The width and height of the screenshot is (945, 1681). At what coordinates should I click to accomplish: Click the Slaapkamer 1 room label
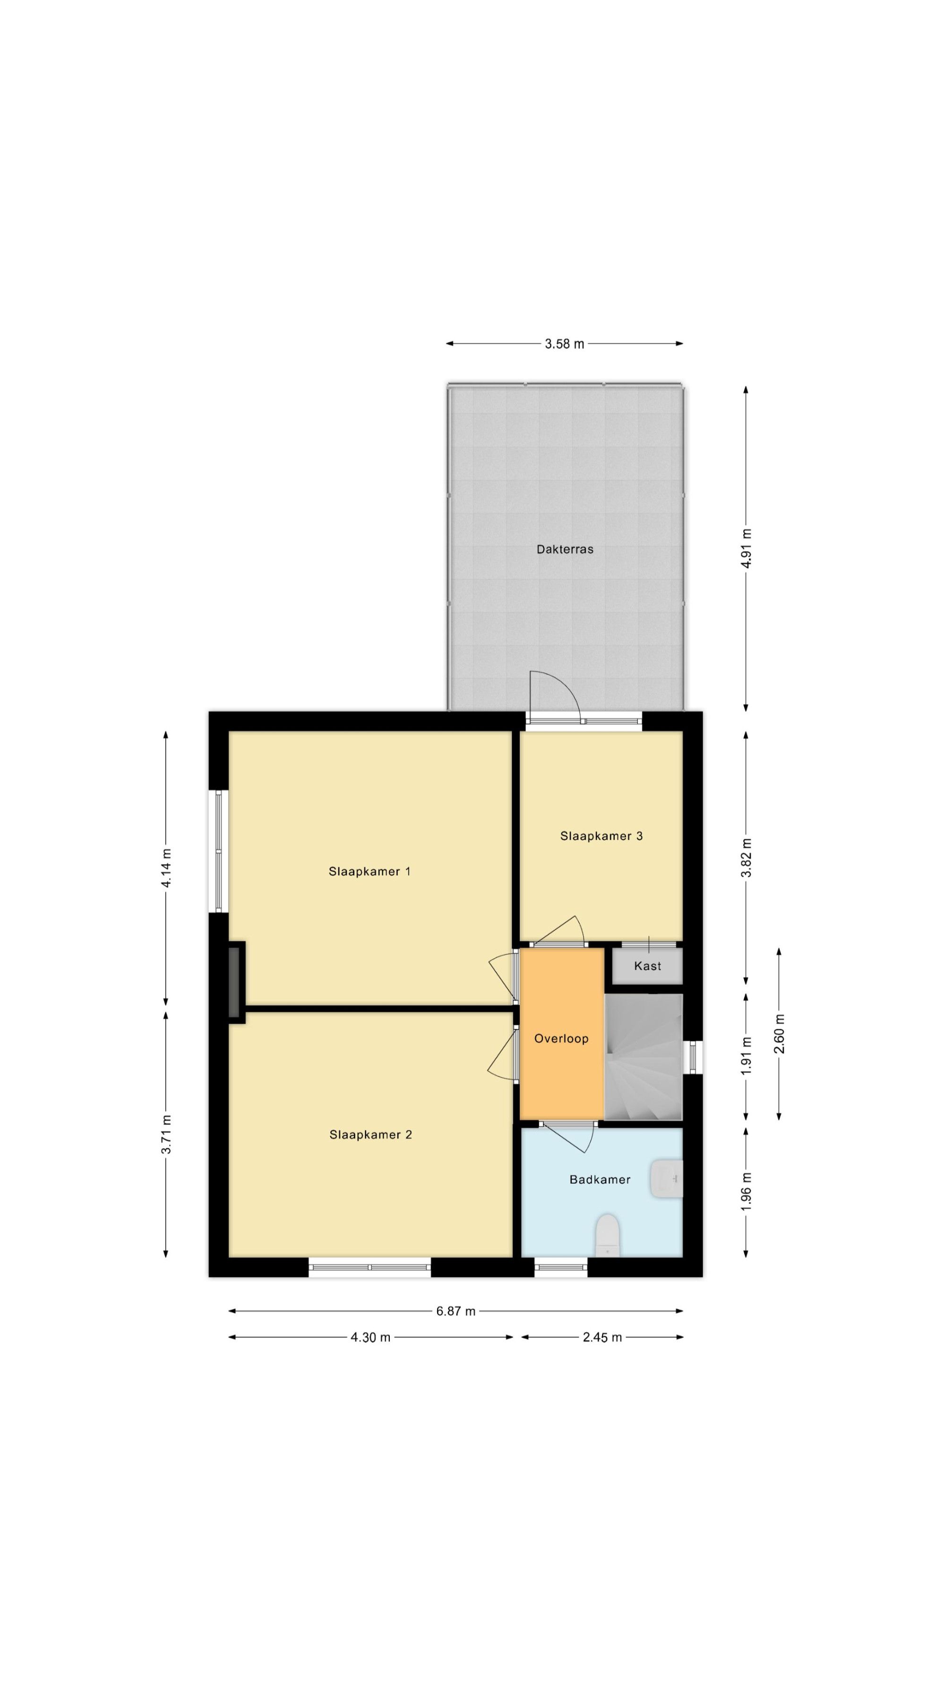point(369,871)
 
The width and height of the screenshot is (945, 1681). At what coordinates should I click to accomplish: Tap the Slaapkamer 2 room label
point(370,1153)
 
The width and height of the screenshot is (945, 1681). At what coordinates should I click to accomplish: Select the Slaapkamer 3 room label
point(601,836)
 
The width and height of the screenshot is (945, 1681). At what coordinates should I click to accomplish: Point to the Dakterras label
point(565,549)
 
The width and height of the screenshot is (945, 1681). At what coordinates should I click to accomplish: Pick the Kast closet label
point(648,966)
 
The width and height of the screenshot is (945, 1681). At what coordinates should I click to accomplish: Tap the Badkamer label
point(599,1197)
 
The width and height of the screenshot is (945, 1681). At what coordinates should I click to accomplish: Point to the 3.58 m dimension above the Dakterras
point(565,344)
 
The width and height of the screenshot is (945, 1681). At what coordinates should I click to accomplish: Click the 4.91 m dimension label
point(747,548)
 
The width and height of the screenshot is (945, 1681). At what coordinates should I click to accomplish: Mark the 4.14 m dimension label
point(167,868)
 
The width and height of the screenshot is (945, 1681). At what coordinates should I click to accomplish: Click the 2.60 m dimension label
point(779,1034)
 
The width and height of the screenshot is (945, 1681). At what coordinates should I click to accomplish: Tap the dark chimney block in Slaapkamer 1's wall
point(234,982)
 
